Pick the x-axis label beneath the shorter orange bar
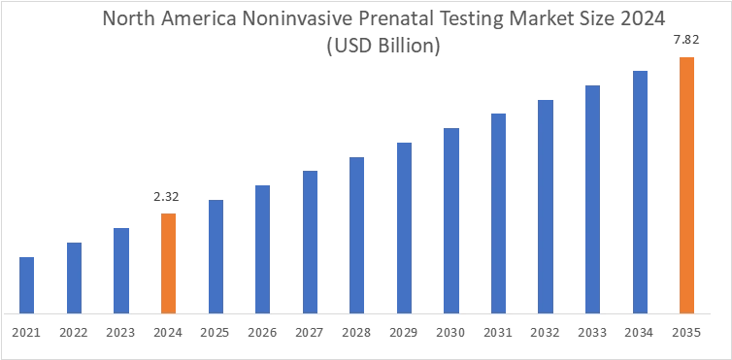[x=167, y=334]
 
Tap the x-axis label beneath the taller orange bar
[x=687, y=334]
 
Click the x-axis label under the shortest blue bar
[x=26, y=334]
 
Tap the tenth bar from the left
[x=452, y=219]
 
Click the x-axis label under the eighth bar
[x=357, y=334]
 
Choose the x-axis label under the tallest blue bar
[x=641, y=334]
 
